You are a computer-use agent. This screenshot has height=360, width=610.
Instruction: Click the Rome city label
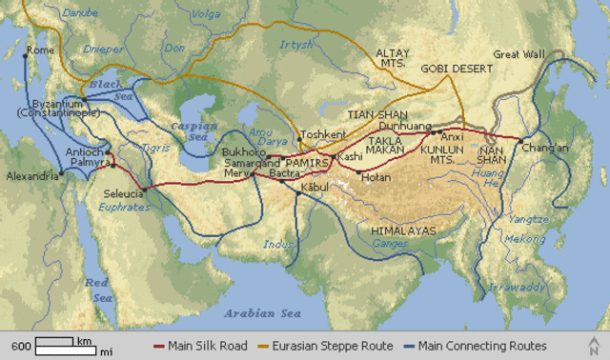[x=40, y=50]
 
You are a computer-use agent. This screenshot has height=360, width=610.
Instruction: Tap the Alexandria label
[x=30, y=176]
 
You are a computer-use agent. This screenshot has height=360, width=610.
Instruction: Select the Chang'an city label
[x=544, y=148]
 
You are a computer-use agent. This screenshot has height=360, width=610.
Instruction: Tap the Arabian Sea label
[x=262, y=313]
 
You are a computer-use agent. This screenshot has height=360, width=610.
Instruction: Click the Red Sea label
[x=97, y=290]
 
